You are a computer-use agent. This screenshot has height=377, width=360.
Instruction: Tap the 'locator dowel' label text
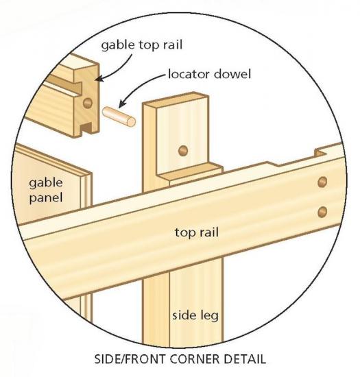[209, 74]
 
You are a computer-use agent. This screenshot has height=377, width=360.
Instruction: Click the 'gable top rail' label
[142, 45]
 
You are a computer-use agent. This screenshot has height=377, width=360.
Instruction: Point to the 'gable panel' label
[46, 191]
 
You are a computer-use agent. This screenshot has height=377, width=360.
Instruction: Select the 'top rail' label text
[197, 232]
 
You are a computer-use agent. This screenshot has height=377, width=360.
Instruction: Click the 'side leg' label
[195, 315]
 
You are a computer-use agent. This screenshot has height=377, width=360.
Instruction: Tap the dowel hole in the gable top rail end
[88, 103]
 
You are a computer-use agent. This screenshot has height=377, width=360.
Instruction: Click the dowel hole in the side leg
[183, 151]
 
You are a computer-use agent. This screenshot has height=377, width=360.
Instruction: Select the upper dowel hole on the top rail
[322, 182]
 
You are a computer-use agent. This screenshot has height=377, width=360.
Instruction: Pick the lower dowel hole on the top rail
[322, 212]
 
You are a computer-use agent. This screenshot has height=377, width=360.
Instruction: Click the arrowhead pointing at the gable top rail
[99, 79]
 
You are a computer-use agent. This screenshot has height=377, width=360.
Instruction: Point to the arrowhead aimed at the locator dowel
[122, 104]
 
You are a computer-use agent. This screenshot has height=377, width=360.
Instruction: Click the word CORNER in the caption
[194, 359]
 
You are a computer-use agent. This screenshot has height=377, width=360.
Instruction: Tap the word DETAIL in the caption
[245, 359]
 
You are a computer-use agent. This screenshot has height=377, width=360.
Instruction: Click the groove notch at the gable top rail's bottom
[86, 127]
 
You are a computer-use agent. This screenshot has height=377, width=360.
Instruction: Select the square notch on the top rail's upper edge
[321, 152]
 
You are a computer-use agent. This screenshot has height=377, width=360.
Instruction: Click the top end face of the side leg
[176, 100]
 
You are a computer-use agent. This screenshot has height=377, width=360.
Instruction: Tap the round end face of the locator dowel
[131, 121]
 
